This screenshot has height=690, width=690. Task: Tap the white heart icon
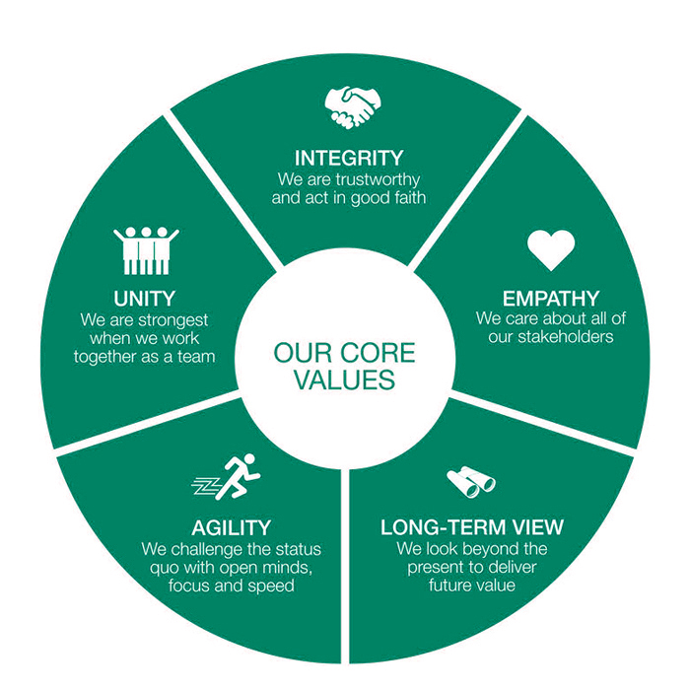click(550, 250)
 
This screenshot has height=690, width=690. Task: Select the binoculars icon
click(470, 482)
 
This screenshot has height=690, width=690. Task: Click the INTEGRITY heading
click(349, 158)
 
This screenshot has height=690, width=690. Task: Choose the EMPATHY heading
click(550, 298)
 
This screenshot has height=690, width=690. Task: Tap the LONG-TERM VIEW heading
click(472, 527)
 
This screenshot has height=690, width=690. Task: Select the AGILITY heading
click(233, 527)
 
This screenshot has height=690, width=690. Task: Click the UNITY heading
click(145, 298)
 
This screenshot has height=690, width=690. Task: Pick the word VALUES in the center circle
click(344, 380)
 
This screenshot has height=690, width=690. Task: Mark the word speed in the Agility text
click(276, 586)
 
